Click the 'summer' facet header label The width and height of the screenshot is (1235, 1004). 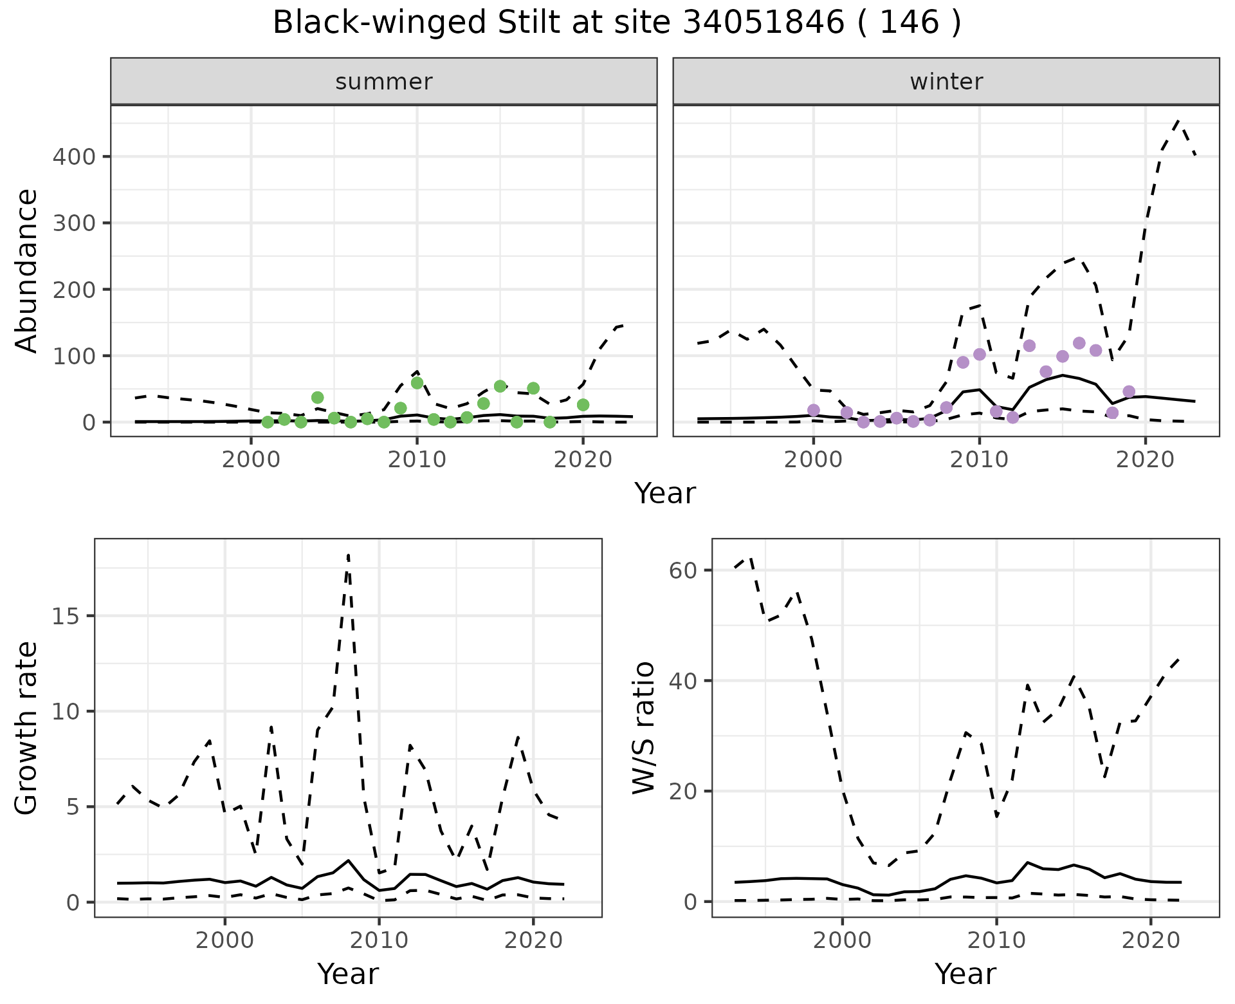pos(384,82)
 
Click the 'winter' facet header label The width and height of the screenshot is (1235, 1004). pos(946,82)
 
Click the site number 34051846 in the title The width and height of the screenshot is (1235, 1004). pos(762,23)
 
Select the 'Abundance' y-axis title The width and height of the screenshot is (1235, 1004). pos(26,271)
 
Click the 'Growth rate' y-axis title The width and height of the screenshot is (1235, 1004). pos(26,729)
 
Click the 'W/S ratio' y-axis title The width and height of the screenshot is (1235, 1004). pos(643,728)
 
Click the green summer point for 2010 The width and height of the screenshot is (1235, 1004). pos(417,383)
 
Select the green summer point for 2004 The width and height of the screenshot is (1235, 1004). pos(317,398)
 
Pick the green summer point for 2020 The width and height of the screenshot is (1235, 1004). pos(583,405)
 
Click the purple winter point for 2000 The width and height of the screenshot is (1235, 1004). pos(814,410)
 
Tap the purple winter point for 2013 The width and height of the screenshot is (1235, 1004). pos(1029,346)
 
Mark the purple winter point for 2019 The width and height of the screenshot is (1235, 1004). pos(1129,391)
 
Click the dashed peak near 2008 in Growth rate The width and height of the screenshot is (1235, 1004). pos(348,555)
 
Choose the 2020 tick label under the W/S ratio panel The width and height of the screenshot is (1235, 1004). pos(1151,940)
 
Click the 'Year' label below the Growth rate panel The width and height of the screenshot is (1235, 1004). pos(348,974)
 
